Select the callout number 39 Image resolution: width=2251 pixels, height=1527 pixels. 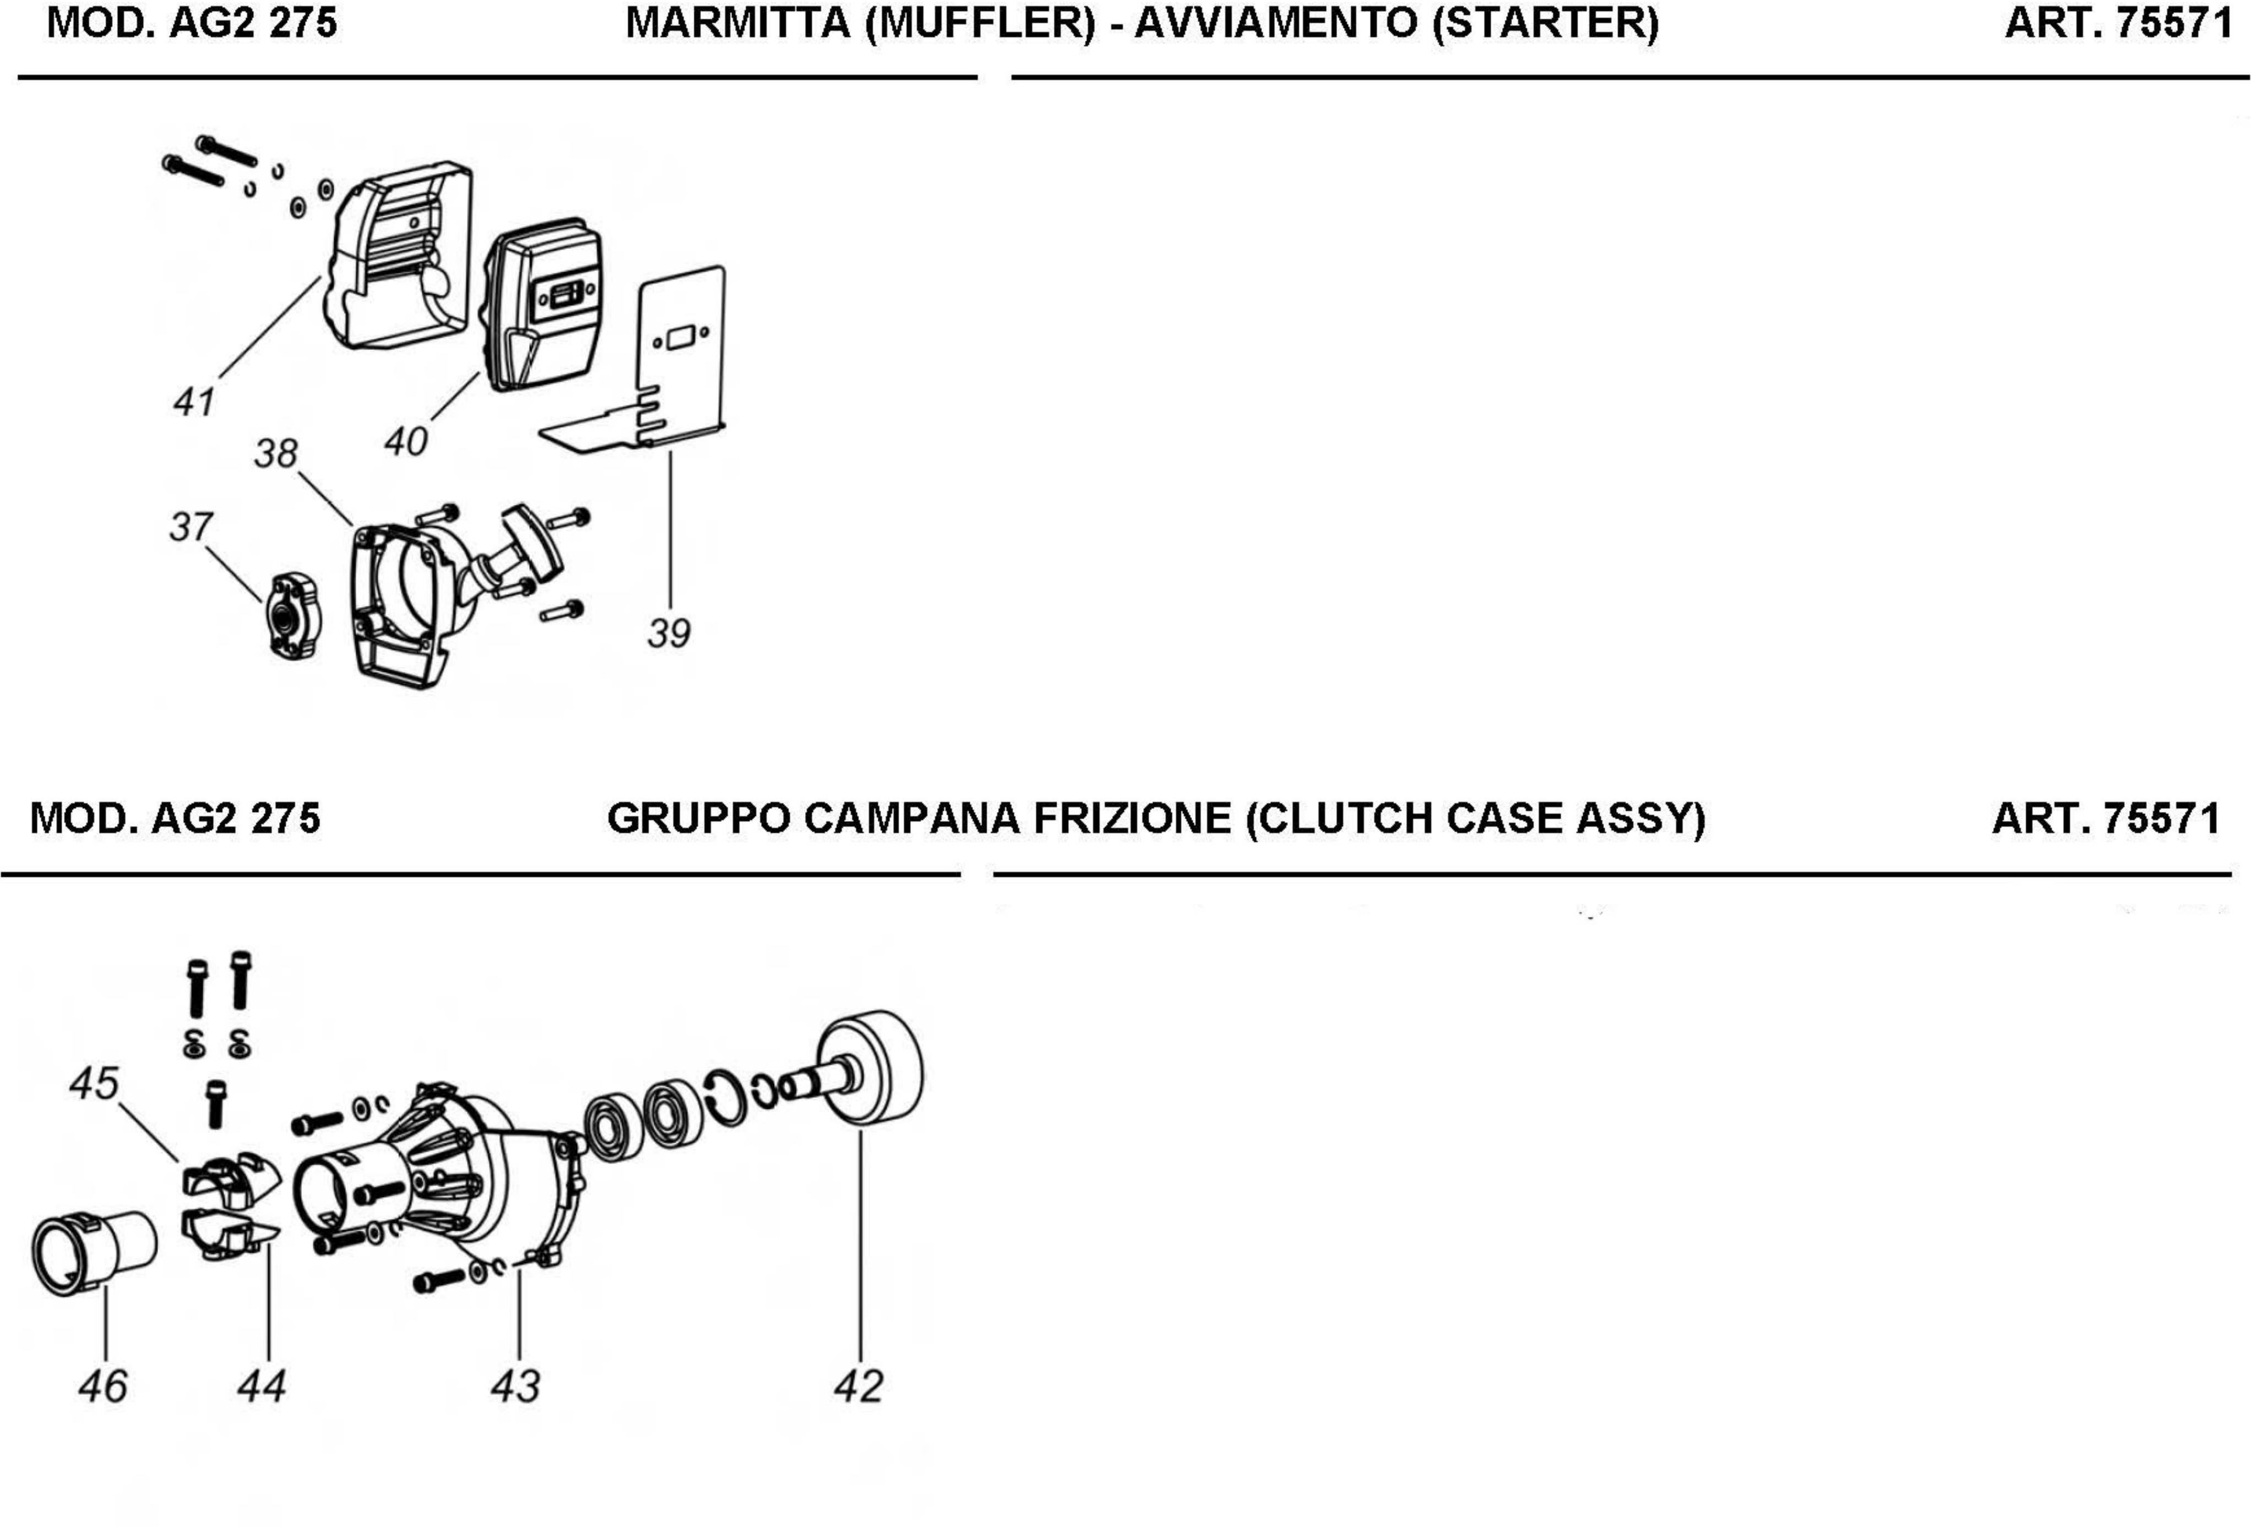pos(668,633)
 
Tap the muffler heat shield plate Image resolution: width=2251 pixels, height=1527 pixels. pos(678,359)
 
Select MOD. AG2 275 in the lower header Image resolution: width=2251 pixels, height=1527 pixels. pos(175,819)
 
